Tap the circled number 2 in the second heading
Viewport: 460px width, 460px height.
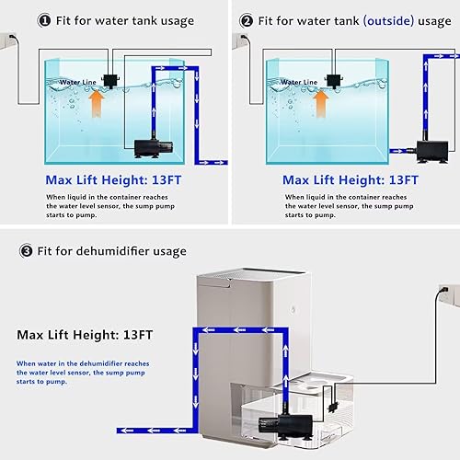click(x=247, y=20)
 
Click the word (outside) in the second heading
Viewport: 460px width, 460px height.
click(x=372, y=20)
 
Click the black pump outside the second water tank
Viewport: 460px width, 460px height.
click(x=429, y=147)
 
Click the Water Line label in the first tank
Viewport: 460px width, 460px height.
click(x=77, y=82)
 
